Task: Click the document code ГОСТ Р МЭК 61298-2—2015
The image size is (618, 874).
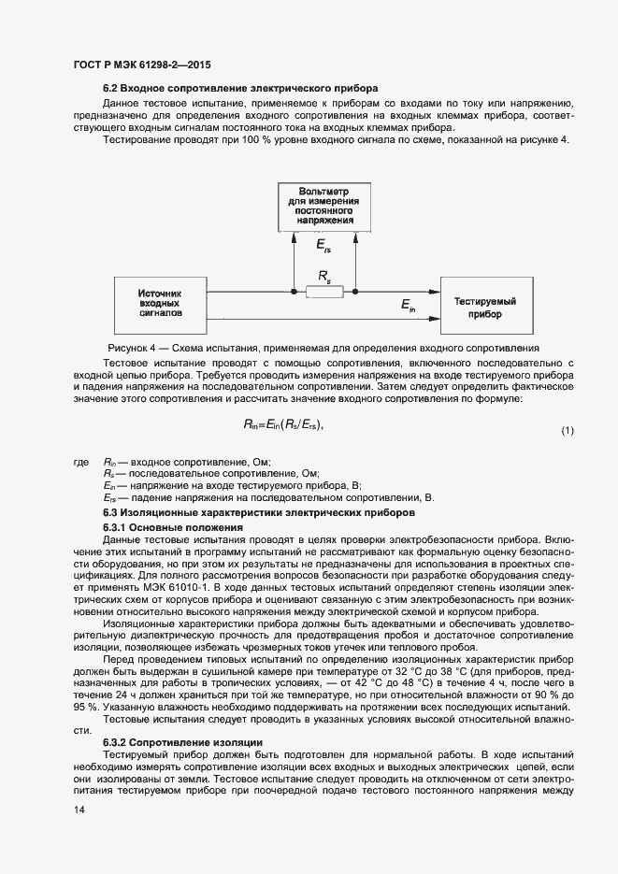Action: (x=140, y=65)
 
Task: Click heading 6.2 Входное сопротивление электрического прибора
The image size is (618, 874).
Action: (x=230, y=88)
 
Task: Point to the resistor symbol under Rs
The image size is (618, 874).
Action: (x=323, y=293)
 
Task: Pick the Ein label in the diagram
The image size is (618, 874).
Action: (x=409, y=305)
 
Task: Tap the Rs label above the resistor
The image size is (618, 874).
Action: (x=323, y=276)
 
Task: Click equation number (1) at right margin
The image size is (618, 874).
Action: (x=567, y=430)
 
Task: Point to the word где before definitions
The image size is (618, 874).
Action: (x=81, y=462)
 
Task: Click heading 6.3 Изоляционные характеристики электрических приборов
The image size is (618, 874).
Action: (x=256, y=514)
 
